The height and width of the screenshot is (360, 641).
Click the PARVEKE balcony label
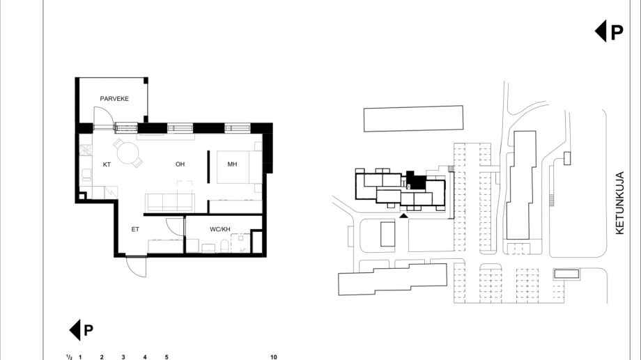pos(114,98)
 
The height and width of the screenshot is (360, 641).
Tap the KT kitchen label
pos(107,164)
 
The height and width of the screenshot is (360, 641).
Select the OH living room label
pos(180,164)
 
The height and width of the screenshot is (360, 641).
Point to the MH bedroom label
pos(232,164)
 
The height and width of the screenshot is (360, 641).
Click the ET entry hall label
pos(135,229)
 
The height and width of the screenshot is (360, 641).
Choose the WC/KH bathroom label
pos(220,229)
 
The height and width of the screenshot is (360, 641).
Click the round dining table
pos(128,152)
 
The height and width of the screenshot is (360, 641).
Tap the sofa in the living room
pos(169,203)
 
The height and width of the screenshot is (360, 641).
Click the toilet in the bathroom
pos(224,246)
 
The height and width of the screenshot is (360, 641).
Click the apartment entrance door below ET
pos(136,267)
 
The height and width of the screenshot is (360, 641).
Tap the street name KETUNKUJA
pos(619,203)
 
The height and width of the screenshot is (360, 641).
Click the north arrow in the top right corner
pos(600,31)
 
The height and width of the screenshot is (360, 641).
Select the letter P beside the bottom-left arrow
pos(88,330)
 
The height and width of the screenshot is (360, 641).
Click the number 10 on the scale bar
pos(274,357)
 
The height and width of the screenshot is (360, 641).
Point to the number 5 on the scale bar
pos(167,357)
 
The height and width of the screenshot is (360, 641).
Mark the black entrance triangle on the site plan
pos(403,215)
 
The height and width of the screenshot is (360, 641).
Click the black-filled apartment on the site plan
pos(416,180)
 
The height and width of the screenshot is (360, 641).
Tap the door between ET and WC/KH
pos(176,227)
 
